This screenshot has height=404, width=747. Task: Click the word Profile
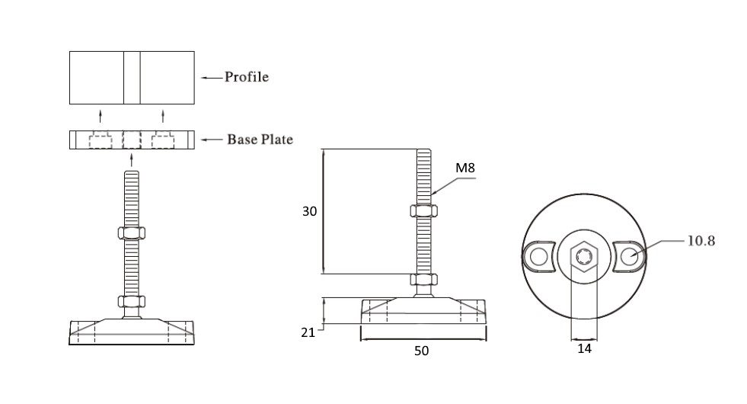(x=246, y=77)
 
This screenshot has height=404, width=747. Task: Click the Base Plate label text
(x=260, y=139)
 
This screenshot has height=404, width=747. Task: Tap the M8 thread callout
(x=465, y=168)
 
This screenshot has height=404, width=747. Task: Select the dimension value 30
(x=310, y=211)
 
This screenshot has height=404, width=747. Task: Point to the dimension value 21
(x=308, y=332)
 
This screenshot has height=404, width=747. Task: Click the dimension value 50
(x=421, y=351)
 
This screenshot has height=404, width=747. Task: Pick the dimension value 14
(x=584, y=348)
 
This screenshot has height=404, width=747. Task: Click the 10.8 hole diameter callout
(x=701, y=241)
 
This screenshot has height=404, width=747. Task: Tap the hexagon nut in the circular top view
(x=584, y=256)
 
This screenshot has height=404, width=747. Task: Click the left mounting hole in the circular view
(x=539, y=257)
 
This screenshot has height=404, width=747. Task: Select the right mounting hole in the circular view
(x=629, y=257)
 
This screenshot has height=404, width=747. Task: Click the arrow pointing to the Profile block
(x=212, y=77)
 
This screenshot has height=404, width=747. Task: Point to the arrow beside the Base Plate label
(x=212, y=139)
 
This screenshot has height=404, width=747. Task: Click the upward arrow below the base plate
(x=132, y=160)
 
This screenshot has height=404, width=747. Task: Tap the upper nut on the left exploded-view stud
(x=132, y=232)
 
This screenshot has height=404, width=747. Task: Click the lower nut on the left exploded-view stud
(x=132, y=301)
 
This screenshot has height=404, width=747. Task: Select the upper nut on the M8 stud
(x=423, y=210)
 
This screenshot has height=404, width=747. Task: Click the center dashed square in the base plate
(x=132, y=139)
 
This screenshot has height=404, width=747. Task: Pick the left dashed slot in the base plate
(x=101, y=139)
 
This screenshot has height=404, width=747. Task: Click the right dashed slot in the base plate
(x=162, y=139)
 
